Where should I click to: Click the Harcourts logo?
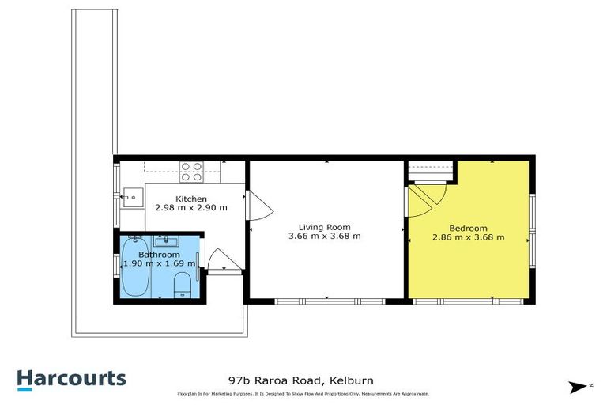(x=71, y=378)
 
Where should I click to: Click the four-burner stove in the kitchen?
(x=190, y=172)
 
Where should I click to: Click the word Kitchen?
(x=191, y=199)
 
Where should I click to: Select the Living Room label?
(x=324, y=225)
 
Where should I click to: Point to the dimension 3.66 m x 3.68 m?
(x=324, y=236)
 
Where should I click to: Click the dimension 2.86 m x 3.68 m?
(x=468, y=236)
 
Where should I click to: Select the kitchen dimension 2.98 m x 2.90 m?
(x=191, y=208)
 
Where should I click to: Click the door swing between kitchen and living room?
(x=258, y=205)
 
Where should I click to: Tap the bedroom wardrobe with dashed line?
(x=432, y=170)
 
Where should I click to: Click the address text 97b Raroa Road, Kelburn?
(x=298, y=379)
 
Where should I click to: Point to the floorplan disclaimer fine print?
(x=303, y=394)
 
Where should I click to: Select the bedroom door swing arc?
(x=425, y=199)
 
